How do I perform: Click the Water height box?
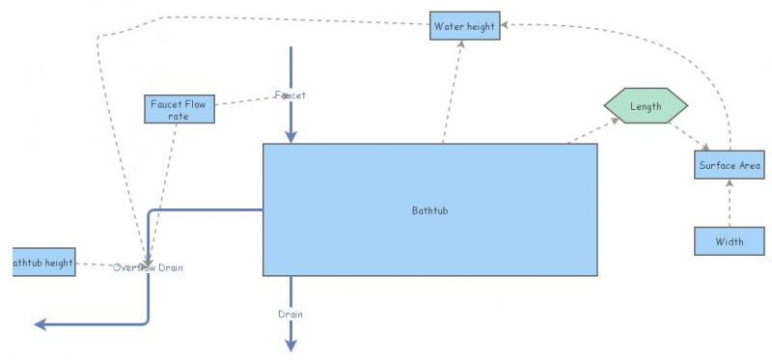tap(464, 26)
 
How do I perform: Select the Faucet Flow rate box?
tap(179, 109)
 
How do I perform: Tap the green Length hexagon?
tap(646, 106)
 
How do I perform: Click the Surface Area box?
tap(730, 165)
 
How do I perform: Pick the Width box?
tap(730, 241)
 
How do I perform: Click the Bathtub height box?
tap(42, 263)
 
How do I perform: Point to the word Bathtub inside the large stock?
tap(429, 209)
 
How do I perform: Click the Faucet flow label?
tap(289, 95)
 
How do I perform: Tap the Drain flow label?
tap(290, 315)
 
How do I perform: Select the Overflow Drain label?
tap(147, 267)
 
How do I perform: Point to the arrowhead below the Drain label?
tap(290, 346)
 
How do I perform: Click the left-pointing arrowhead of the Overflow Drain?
tap(40, 324)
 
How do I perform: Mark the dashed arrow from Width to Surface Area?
tap(730, 203)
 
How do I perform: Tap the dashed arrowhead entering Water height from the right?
tap(505, 26)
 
